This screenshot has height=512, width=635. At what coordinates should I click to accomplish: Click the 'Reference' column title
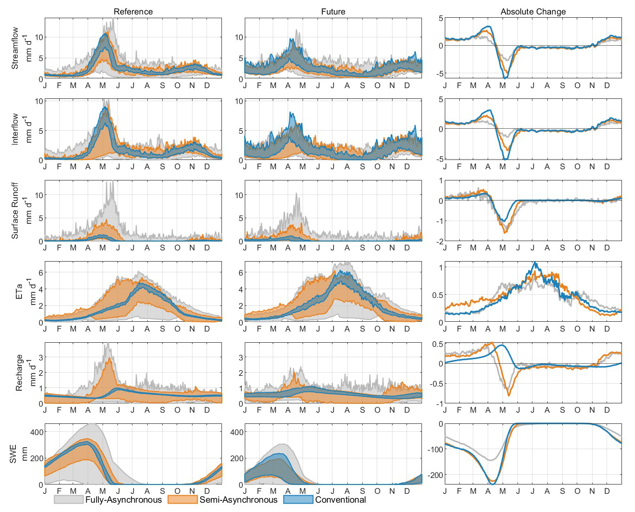(x=133, y=12)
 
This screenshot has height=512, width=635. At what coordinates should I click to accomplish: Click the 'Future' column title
(x=333, y=12)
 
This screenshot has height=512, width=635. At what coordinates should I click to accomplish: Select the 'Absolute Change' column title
(x=533, y=12)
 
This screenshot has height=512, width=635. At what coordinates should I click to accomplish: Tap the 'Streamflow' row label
(x=15, y=48)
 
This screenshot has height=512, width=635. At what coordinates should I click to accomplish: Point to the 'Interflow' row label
(x=15, y=129)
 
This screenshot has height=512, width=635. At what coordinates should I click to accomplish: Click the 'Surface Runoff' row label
(x=15, y=210)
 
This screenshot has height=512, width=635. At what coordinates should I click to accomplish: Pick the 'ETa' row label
(x=19, y=291)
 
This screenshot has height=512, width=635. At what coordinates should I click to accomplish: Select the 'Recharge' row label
(x=19, y=373)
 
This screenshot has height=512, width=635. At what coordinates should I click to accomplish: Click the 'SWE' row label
(x=13, y=454)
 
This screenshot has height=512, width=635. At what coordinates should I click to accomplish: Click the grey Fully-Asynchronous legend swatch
(x=69, y=499)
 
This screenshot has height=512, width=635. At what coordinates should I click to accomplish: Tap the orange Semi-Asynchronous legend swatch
(x=182, y=499)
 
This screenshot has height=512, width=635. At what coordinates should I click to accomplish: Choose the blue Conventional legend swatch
(x=298, y=499)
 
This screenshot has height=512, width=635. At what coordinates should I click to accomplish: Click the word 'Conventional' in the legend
(x=340, y=499)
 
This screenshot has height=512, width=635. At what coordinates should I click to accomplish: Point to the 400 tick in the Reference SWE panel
(x=36, y=432)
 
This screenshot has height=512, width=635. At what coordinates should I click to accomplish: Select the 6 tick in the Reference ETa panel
(x=41, y=273)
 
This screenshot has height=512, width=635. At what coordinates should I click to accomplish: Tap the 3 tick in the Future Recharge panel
(x=241, y=357)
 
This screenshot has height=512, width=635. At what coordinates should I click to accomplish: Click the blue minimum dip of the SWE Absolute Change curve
(x=492, y=484)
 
